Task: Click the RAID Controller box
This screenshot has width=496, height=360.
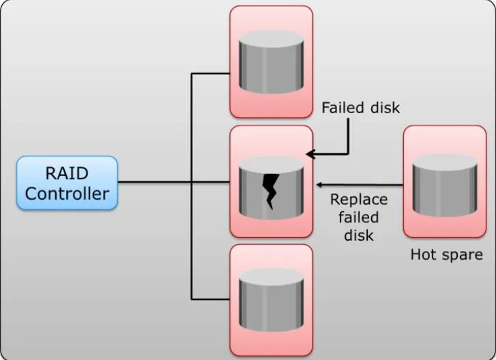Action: [67, 182]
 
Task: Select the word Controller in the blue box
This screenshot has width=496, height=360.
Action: [67, 193]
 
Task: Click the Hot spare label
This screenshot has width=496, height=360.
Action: [446, 254]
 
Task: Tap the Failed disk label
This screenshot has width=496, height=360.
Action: [360, 107]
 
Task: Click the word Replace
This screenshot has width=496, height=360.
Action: [359, 200]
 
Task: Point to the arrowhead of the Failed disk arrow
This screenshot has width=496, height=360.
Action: [309, 155]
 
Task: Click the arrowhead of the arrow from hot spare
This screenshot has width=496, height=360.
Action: [319, 184]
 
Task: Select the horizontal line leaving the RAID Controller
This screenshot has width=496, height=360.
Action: [154, 182]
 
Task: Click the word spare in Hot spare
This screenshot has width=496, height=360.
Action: [458, 255]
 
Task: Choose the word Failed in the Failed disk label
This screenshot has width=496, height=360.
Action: [344, 107]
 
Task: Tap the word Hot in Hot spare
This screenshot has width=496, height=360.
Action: [422, 254]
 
